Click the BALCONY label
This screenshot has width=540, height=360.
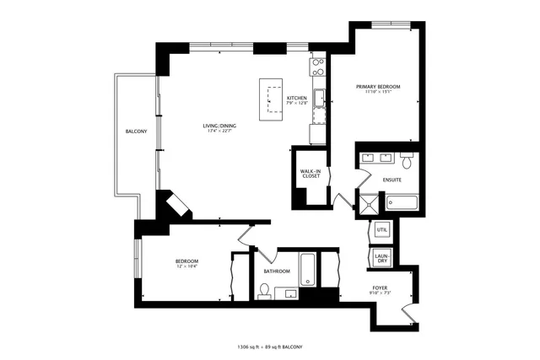137,132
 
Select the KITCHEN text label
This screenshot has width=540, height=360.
296,99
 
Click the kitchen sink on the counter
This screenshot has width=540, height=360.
319,99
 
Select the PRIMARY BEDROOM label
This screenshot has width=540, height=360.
377,87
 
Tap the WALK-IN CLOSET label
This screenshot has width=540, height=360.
310,175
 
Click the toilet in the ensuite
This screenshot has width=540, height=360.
406,160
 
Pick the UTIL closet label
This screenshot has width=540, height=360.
381,229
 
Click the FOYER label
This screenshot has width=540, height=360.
381,288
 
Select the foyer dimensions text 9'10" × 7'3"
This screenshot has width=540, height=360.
381,294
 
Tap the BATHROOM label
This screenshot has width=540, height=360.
276,271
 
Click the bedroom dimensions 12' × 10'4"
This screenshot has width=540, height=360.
186,266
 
